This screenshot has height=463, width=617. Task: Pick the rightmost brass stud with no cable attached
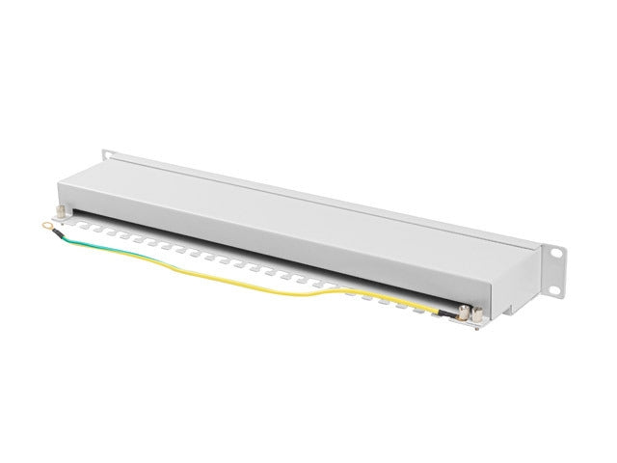coord(477,313)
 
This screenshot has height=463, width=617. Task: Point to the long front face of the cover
coord(318,236)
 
